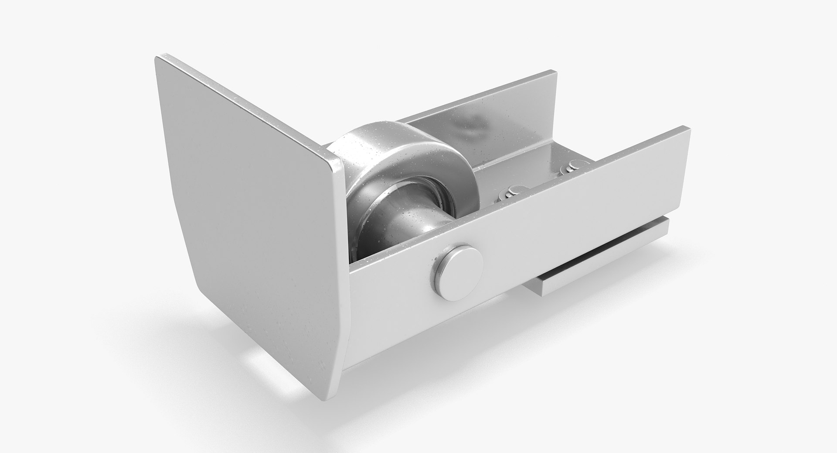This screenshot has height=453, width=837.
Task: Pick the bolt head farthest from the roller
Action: coord(575,165)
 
